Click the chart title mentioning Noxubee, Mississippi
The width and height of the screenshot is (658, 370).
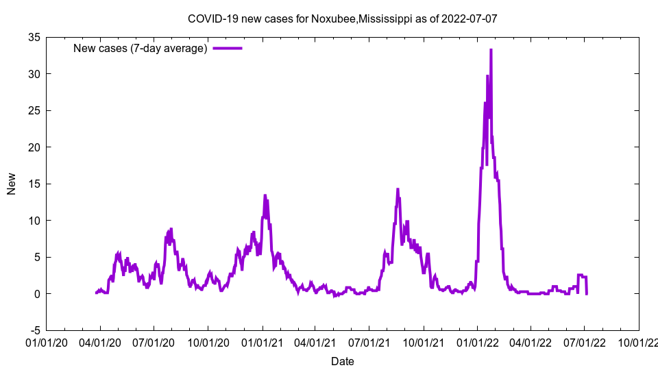coord(342,18)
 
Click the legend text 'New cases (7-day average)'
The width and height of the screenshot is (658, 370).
coord(140,48)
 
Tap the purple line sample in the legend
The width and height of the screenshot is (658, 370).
coord(228,48)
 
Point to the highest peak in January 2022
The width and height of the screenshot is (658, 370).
coord(491,50)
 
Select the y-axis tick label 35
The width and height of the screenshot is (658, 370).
coord(34,37)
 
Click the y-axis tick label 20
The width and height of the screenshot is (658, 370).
coord(34,147)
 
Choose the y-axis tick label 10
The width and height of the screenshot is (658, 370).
coord(34,221)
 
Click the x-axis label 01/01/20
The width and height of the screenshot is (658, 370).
coord(47,342)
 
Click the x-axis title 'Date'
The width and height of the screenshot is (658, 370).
coord(343,361)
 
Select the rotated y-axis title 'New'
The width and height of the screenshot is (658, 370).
coord(12,184)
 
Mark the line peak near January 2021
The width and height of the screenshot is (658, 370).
coord(265,196)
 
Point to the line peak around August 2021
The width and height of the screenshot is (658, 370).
coord(398,190)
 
